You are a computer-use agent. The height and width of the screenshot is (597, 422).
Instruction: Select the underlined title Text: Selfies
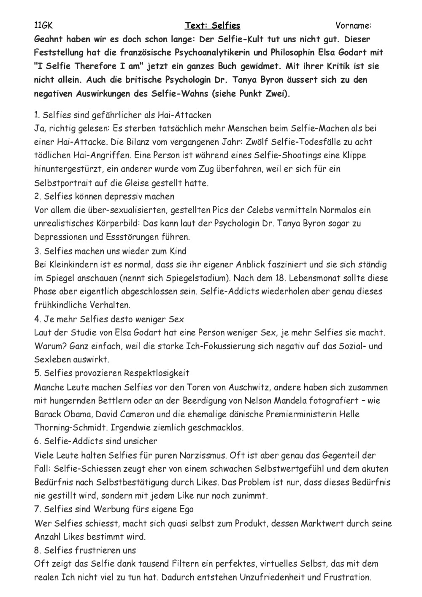(x=213, y=26)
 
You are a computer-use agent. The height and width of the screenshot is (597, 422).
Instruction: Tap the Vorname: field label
(x=353, y=26)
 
